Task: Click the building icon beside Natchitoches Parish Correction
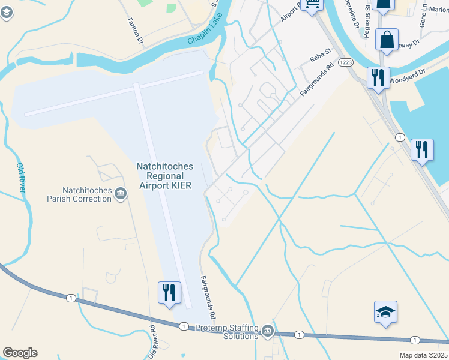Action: click(121, 193)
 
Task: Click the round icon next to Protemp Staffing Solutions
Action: click(267, 331)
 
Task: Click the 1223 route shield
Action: click(345, 62)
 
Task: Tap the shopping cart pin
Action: click(313, 5)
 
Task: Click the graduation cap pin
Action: click(385, 313)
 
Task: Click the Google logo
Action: click(20, 353)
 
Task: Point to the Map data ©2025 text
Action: click(423, 355)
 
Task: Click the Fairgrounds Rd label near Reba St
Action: click(316, 81)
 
